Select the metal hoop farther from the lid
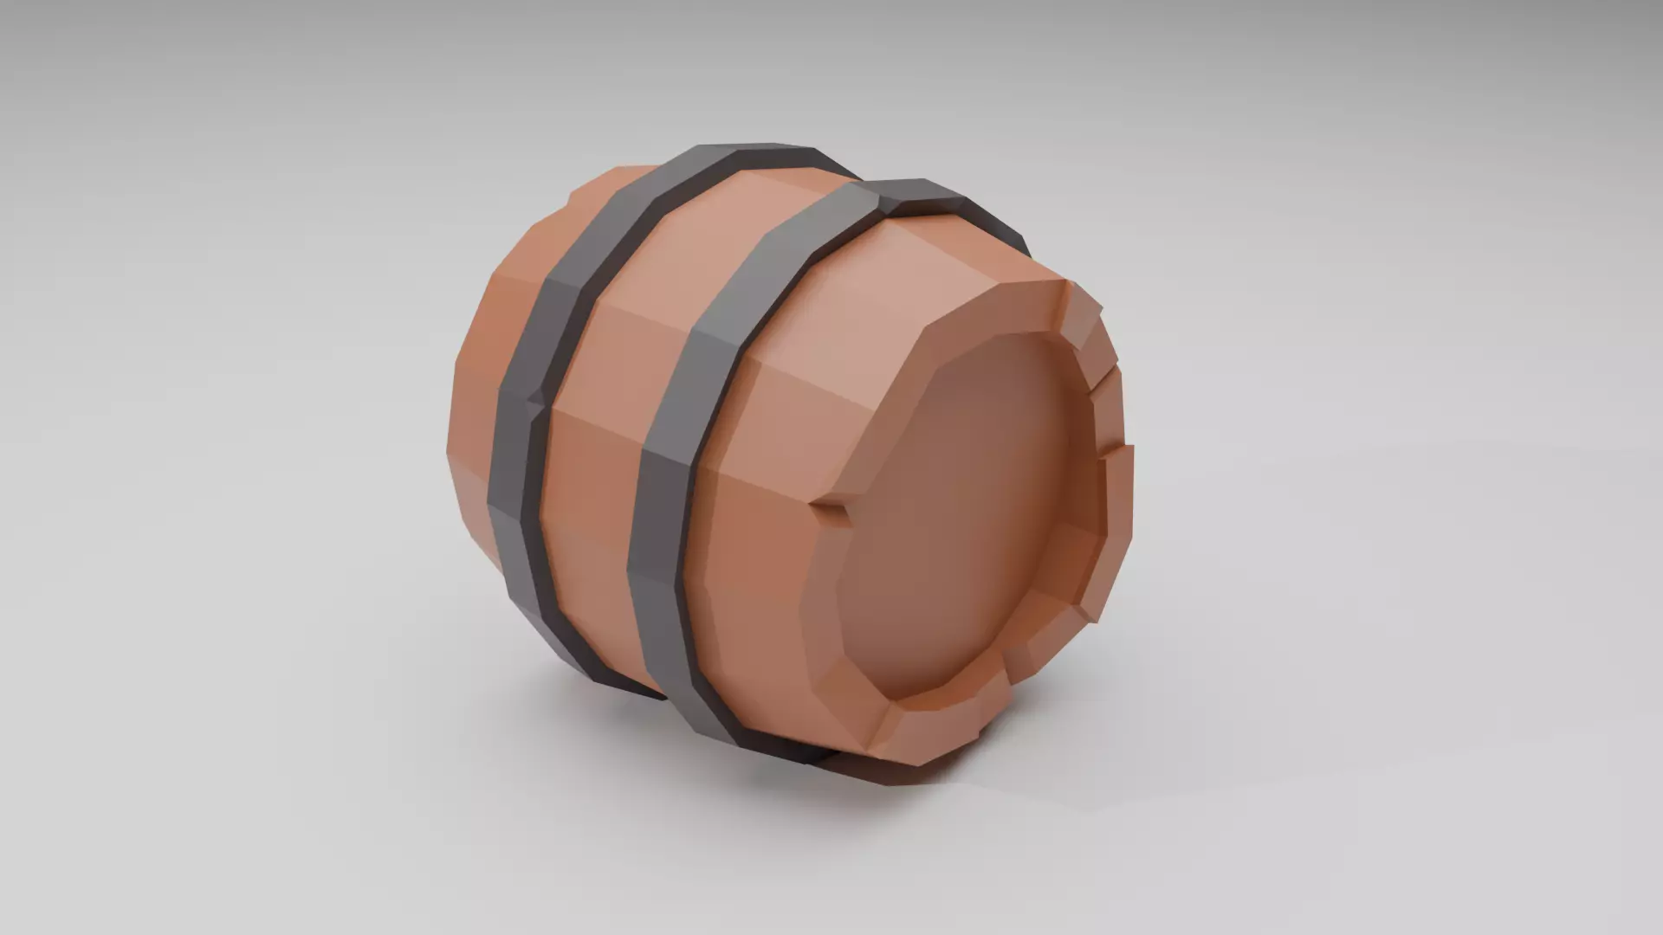click(x=520, y=450)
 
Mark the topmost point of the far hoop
click(x=745, y=156)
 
